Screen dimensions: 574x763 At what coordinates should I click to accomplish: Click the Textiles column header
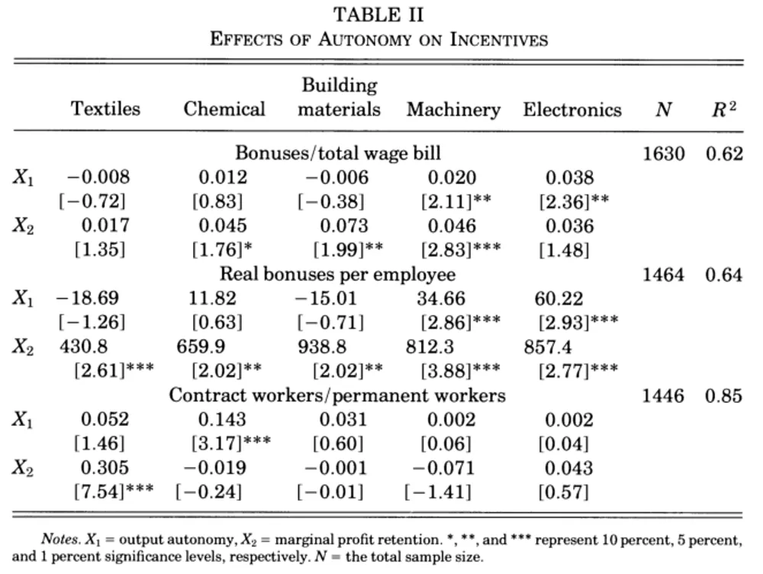pyautogui.click(x=106, y=108)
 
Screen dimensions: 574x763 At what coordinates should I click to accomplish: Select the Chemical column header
pyautogui.click(x=224, y=108)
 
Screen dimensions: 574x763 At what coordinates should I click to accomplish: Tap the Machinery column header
pyautogui.click(x=453, y=109)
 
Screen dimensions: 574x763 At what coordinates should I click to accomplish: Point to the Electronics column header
pyautogui.click(x=572, y=109)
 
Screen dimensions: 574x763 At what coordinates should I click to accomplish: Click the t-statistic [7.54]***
pyautogui.click(x=114, y=492)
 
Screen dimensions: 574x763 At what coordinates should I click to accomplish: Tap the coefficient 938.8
pyautogui.click(x=322, y=347)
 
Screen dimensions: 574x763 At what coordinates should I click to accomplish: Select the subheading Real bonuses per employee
pyautogui.click(x=337, y=274)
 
